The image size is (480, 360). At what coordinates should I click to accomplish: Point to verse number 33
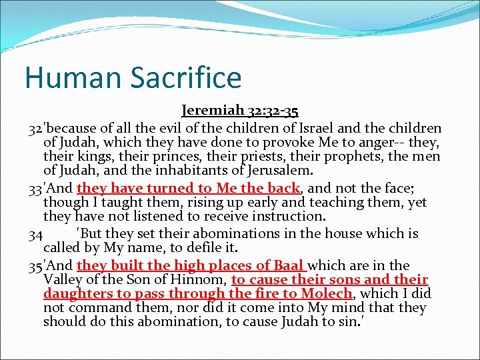pyautogui.click(x=35, y=189)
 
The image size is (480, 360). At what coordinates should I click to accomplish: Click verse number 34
pyautogui.click(x=35, y=234)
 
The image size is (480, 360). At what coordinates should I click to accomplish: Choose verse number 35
pyautogui.click(x=35, y=266)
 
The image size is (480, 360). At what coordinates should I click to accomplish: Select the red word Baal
pyautogui.click(x=288, y=266)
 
